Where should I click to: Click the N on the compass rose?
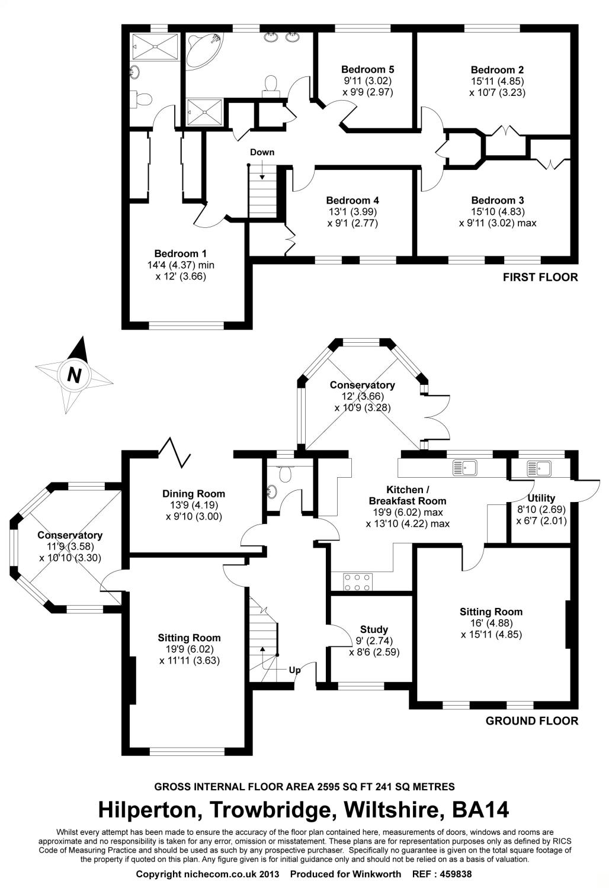(73, 375)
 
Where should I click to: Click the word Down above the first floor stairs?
(262, 152)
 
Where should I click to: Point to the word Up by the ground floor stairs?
(294, 670)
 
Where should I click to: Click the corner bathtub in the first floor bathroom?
(203, 49)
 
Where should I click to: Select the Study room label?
(374, 629)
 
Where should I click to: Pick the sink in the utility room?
(539, 468)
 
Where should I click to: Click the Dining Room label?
(194, 493)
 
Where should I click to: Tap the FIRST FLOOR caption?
(540, 277)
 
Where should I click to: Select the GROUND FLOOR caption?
(531, 720)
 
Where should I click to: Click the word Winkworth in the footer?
(377, 874)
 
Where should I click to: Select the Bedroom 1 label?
(177, 254)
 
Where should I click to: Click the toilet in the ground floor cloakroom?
(286, 471)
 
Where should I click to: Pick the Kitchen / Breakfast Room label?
(405, 496)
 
